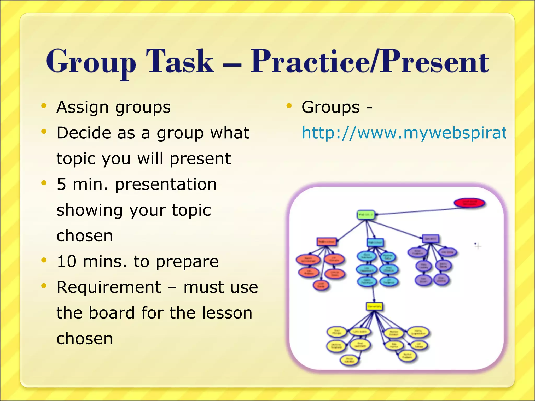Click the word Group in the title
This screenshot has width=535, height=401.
pyautogui.click(x=91, y=62)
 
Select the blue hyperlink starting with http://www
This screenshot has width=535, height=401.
pyautogui.click(x=403, y=133)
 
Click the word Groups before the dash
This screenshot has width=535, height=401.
pyautogui.click(x=330, y=107)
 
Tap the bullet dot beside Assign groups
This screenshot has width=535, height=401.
pyautogui.click(x=44, y=106)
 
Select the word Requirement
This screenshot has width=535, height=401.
pyautogui.click(x=109, y=287)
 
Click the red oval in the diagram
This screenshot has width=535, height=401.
pyautogui.click(x=469, y=203)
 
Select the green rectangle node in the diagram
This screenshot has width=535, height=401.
pyautogui.click(x=366, y=215)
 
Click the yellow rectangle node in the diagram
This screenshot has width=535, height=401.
pyautogui.click(x=374, y=306)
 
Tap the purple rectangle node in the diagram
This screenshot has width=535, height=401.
pyautogui.click(x=431, y=238)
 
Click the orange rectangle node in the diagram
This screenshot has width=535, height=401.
pyautogui.click(x=327, y=242)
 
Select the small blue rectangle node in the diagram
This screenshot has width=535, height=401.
pyautogui.click(x=375, y=243)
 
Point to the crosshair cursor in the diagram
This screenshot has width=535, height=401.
pyautogui.click(x=478, y=246)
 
